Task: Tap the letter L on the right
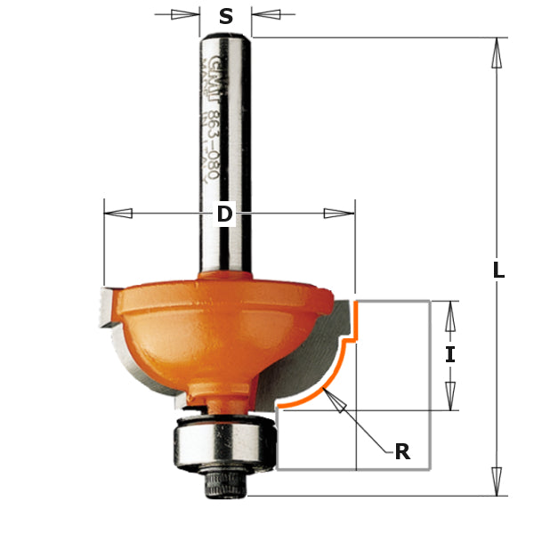[x=498, y=271]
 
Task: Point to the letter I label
[x=450, y=354]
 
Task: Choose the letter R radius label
[x=402, y=451]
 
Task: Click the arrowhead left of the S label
[x=185, y=14]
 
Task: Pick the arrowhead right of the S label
[x=266, y=14]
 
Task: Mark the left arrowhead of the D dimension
[x=118, y=214]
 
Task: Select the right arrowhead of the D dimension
[x=339, y=214]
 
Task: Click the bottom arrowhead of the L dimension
[x=496, y=481]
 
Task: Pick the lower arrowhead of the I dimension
[x=450, y=395]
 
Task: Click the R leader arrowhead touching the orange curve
[x=334, y=401]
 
